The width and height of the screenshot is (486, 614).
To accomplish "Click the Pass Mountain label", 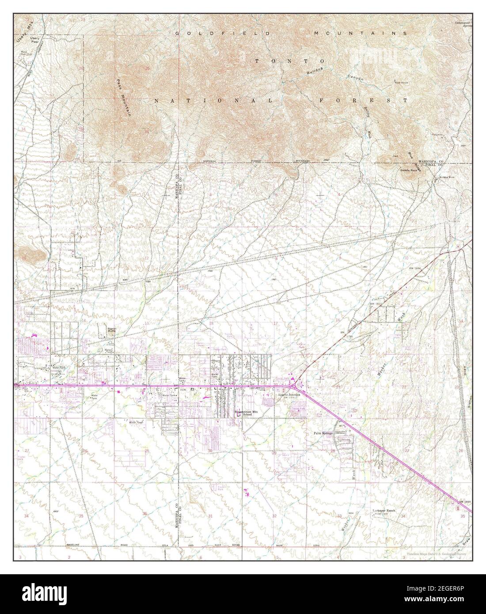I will coord(124,98).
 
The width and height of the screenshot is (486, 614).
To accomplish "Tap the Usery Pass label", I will coord(34,41).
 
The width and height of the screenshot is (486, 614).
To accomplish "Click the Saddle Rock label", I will coord(408,170).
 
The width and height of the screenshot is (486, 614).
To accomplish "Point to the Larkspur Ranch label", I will coord(383,511).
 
